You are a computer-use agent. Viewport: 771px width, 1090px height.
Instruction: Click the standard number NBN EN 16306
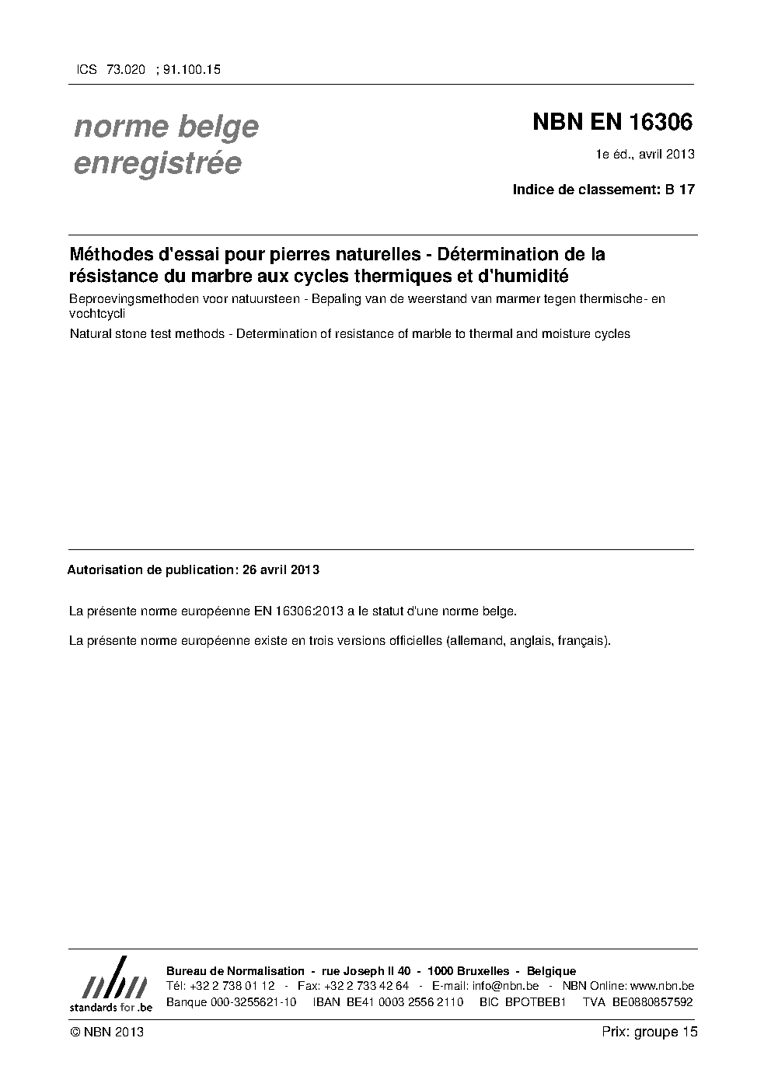click(612, 123)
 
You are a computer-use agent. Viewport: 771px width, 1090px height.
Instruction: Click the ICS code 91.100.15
click(192, 70)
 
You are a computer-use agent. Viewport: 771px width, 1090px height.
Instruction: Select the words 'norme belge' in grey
click(166, 127)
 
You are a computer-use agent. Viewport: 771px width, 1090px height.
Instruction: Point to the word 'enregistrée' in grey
click(157, 164)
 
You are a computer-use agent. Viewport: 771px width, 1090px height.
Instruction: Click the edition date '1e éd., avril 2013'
click(645, 154)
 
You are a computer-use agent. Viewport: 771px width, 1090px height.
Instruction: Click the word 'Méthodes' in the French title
click(106, 254)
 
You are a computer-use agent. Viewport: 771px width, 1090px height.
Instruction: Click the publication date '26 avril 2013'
click(281, 569)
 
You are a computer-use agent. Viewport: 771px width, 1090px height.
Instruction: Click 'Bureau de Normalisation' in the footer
click(235, 971)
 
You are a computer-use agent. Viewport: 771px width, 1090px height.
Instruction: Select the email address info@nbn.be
click(505, 986)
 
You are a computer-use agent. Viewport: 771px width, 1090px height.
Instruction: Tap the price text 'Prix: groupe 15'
click(649, 1032)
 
